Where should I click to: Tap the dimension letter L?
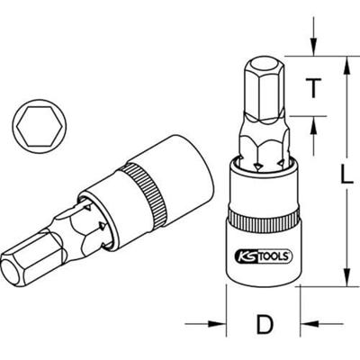(x=332, y=172)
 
